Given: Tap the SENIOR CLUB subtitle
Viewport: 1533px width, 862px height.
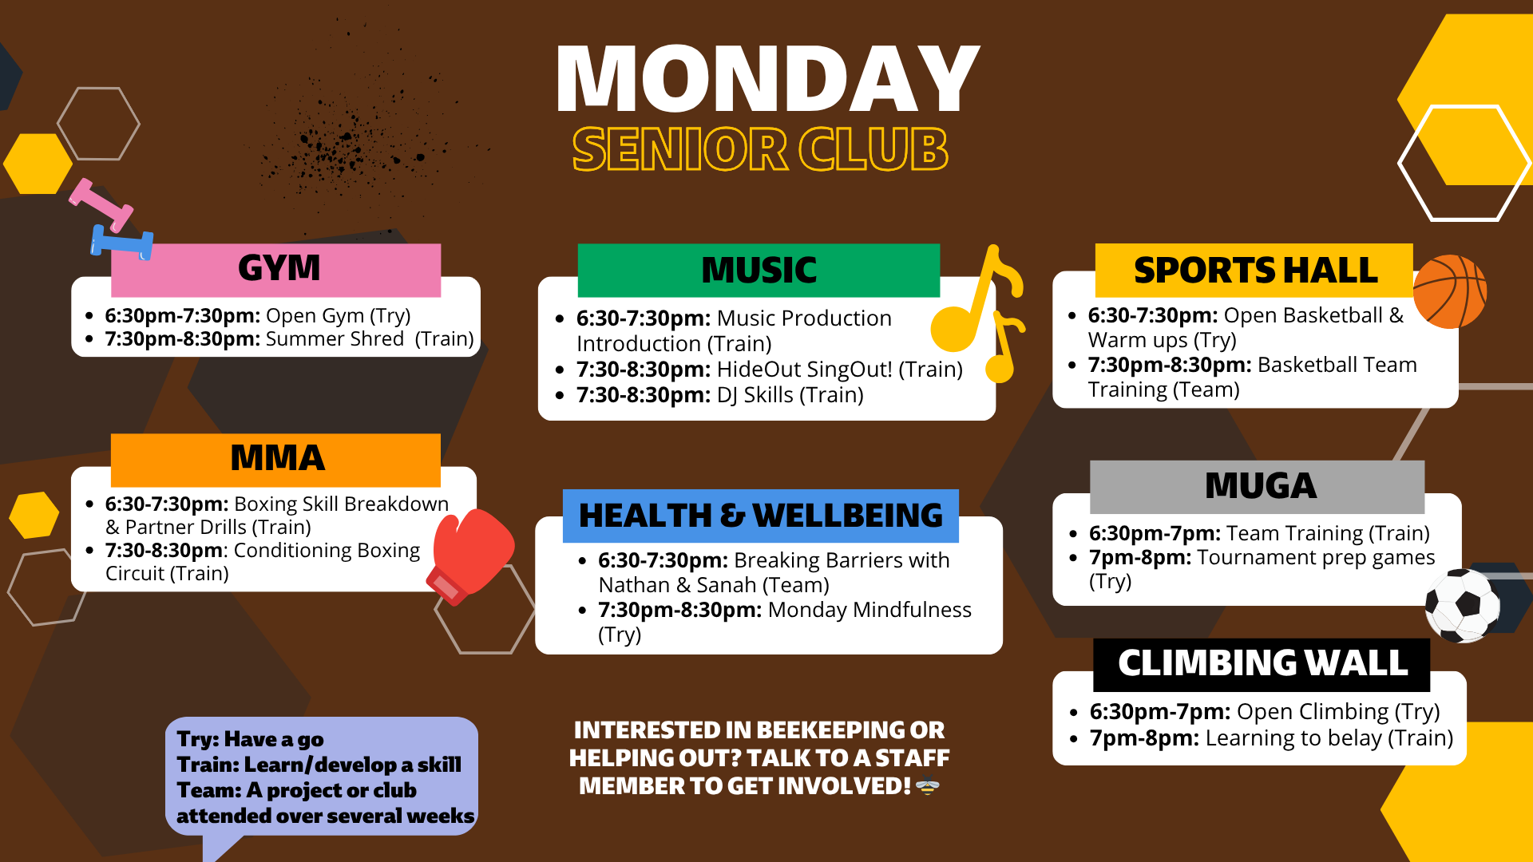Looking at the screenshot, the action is pyautogui.click(x=760, y=149).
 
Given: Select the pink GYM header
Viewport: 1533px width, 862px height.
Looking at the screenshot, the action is pyautogui.click(x=276, y=270).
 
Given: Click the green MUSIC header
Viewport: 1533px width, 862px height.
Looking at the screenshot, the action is pyautogui.click(x=759, y=271).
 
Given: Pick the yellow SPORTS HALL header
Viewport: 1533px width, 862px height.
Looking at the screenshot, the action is pyautogui.click(x=1254, y=271).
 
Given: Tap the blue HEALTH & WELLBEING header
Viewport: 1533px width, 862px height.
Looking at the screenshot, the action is pyautogui.click(x=761, y=516).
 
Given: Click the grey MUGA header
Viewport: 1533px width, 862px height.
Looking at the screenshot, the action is pyautogui.click(x=1258, y=487).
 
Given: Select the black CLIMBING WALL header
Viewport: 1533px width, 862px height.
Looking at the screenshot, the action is pyautogui.click(x=1262, y=664).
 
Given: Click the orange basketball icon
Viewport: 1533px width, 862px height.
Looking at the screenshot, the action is pyautogui.click(x=1450, y=291).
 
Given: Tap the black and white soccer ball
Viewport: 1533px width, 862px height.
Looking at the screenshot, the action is pyautogui.click(x=1463, y=605).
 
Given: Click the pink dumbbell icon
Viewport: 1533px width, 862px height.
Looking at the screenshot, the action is pyautogui.click(x=101, y=205).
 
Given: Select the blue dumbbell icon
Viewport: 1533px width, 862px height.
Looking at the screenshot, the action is pyautogui.click(x=121, y=243).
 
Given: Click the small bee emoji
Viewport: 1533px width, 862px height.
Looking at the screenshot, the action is pyautogui.click(x=927, y=786).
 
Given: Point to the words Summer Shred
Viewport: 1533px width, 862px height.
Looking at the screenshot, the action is pyautogui.click(x=335, y=339).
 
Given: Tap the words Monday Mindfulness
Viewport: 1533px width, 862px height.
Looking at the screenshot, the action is pyautogui.click(x=869, y=610).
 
